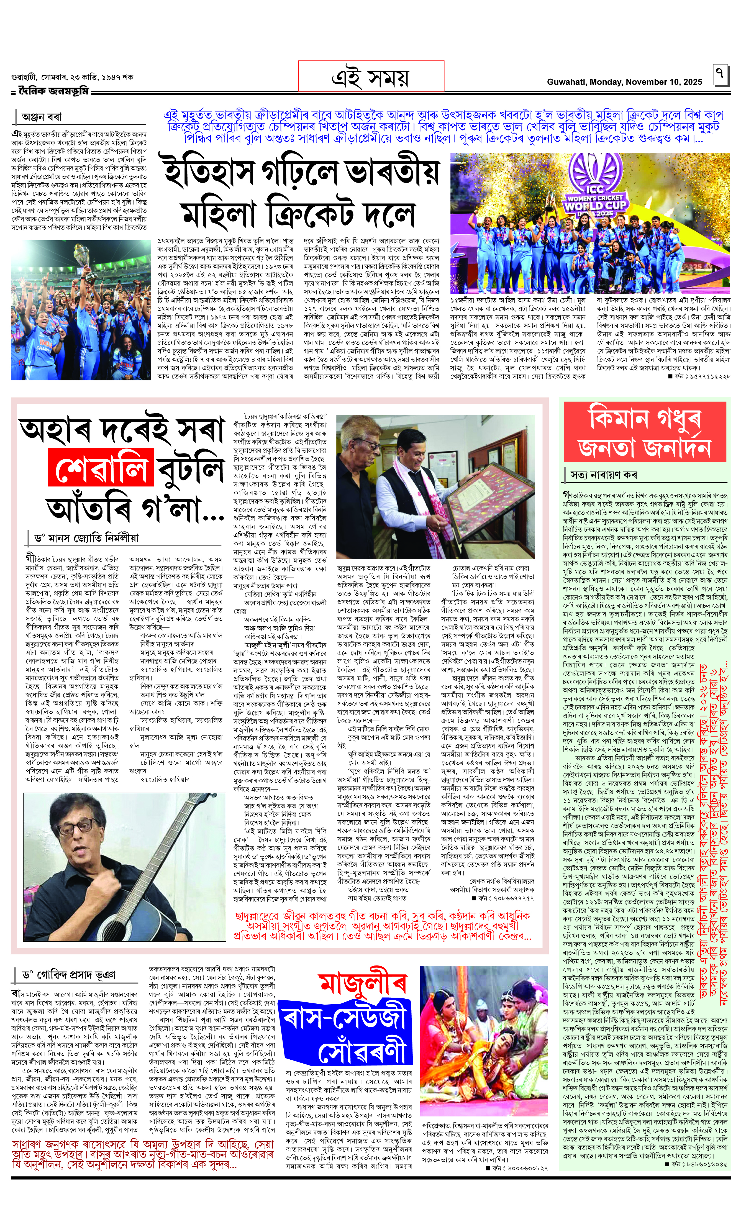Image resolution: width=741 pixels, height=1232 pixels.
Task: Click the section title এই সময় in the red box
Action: pyautogui.click(x=371, y=77)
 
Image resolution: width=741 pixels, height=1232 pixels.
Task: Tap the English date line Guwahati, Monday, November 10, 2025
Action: pyautogui.click(x=624, y=82)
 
